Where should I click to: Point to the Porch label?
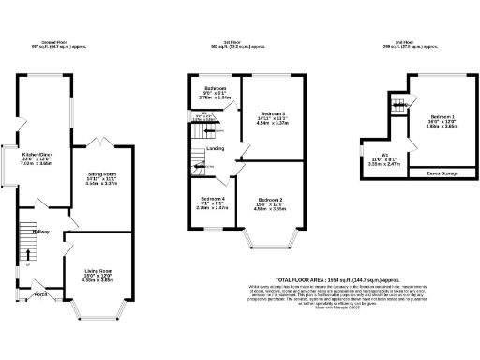pyautogui.click(x=41, y=294)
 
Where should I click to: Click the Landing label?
pyautogui.click(x=215, y=149)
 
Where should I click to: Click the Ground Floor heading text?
pyautogui.click(x=50, y=44)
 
